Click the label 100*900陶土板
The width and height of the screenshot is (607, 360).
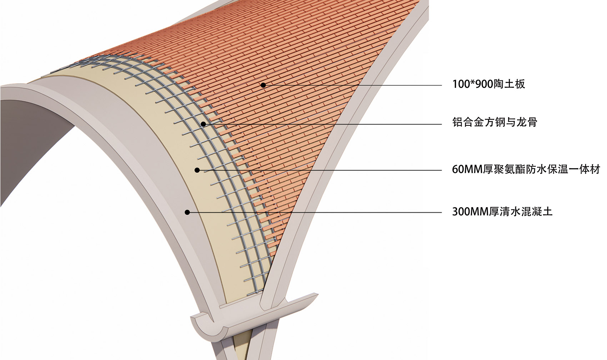pos(488,84)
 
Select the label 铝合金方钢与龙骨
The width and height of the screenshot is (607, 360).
pos(495,122)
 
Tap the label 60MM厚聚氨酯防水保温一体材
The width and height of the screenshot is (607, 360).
pos(526,170)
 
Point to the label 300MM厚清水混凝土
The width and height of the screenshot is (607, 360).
pos(502,211)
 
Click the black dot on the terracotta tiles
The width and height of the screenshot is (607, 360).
pos(263,85)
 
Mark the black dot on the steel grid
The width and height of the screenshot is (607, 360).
pos(203,124)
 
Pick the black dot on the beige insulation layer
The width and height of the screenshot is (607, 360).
pos(197,170)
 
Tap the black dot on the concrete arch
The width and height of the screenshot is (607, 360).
pos(187,212)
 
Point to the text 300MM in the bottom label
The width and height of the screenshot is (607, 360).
pos(470,212)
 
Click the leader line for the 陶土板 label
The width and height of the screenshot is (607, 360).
pos(352,85)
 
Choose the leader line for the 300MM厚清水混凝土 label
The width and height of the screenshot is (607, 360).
pos(315,212)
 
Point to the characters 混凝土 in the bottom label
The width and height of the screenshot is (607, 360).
pos(537,211)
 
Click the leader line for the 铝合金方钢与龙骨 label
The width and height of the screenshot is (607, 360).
pos(322,124)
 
